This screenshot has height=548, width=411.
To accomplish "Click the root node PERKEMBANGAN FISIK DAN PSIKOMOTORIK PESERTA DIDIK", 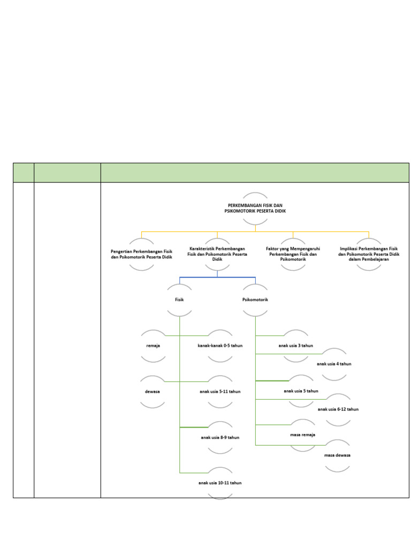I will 255,208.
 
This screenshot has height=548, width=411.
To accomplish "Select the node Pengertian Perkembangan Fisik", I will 141,254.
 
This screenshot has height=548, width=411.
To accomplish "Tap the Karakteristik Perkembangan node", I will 217,254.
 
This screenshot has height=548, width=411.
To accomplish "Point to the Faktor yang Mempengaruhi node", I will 293,254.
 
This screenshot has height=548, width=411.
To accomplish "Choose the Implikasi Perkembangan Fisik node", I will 369,254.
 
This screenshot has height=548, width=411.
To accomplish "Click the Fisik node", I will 179,300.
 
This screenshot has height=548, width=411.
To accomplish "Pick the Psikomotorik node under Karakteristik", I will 255,300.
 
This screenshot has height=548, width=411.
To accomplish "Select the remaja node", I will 153,346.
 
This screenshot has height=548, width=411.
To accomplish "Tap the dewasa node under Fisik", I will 153,391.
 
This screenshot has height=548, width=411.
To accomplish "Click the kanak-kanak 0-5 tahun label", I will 220,346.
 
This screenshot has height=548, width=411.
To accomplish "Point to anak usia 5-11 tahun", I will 220,391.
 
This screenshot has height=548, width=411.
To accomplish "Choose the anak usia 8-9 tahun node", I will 220,437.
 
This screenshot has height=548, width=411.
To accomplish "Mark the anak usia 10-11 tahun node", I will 220,483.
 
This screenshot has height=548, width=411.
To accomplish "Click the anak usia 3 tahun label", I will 295,346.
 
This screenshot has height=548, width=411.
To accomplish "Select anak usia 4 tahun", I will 334,364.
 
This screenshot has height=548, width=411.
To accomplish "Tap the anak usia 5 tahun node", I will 301,391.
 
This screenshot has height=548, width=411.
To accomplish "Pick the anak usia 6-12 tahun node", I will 338,409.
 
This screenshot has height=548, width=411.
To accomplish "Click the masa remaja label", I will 302,435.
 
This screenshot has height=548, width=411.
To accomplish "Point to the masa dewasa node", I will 337,455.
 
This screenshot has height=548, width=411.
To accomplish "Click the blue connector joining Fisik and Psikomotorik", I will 217,277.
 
